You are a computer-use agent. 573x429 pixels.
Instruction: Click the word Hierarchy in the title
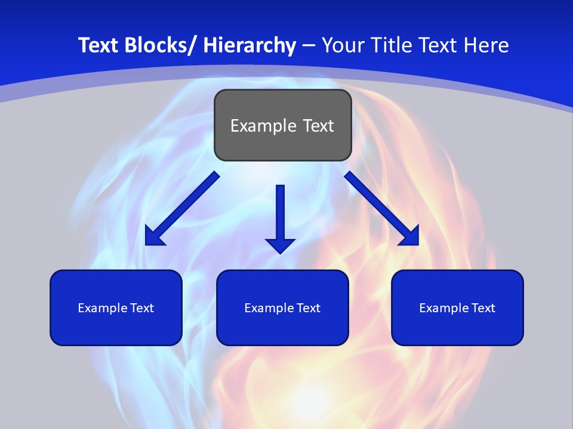tap(249, 45)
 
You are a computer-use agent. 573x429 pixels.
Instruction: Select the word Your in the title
tap(343, 45)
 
